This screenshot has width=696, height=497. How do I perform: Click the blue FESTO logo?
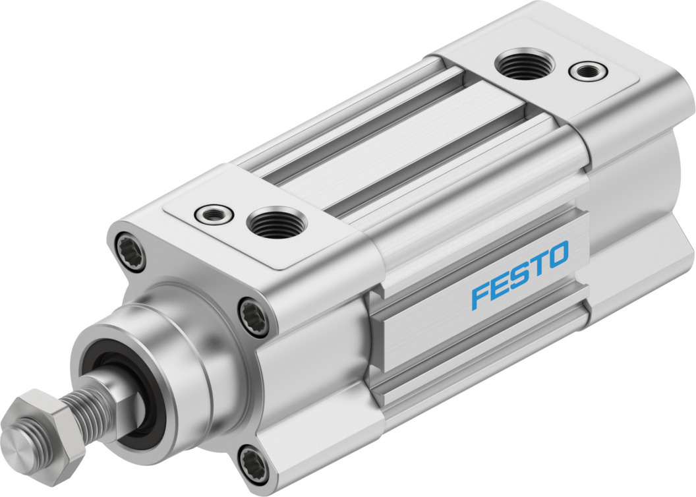520,274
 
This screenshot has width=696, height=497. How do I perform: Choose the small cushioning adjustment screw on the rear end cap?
589,71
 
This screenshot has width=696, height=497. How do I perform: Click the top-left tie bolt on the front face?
130,253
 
